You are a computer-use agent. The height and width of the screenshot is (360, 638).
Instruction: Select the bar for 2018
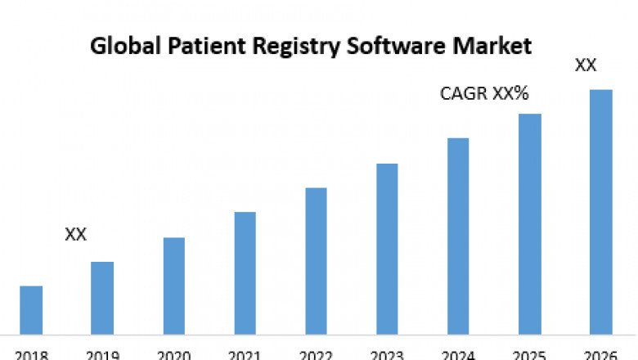coord(31,310)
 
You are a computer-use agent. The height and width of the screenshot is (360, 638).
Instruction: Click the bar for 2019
coord(102,298)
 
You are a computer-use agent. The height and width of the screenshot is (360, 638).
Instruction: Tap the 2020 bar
coord(173,286)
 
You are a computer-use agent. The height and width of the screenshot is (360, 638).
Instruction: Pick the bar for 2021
coord(245,273)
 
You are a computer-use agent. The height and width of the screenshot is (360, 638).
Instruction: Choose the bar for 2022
coord(316,261)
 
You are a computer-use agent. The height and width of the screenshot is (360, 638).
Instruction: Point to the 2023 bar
coord(387,249)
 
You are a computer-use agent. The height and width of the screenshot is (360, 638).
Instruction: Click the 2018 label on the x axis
coord(31,355)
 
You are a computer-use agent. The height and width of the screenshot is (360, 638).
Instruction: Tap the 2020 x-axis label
coord(173,355)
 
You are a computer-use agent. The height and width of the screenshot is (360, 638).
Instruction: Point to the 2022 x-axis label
coord(316,355)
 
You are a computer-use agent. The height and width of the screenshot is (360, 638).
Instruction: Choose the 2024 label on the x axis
coord(458,355)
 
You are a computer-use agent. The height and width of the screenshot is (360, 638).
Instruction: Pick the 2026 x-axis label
coord(601,355)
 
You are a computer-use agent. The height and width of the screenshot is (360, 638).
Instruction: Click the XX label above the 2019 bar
coord(76,235)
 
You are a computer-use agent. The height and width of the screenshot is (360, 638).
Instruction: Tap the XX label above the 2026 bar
coord(586,65)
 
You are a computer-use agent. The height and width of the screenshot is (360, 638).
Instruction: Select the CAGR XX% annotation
coord(484,93)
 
